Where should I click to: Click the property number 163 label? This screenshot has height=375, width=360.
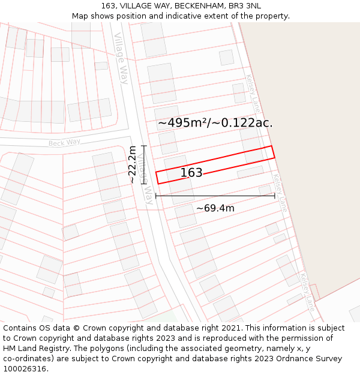pyautogui.click(x=191, y=173)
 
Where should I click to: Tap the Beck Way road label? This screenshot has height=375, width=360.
pyautogui.click(x=64, y=143)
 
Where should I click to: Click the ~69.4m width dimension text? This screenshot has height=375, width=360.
pyautogui.click(x=215, y=208)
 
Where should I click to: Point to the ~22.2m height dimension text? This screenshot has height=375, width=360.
pyautogui.click(x=132, y=164)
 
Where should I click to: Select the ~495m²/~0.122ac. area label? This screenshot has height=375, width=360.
pyautogui.click(x=215, y=123)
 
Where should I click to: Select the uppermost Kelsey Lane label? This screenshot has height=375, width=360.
pyautogui.click(x=253, y=94)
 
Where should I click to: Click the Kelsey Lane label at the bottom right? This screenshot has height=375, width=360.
pyautogui.click(x=307, y=292)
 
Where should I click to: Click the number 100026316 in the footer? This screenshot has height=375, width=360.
pyautogui.click(x=25, y=369)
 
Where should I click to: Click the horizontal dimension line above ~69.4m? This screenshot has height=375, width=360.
pyautogui.click(x=215, y=196)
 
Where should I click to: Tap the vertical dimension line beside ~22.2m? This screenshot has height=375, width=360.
pyautogui.click(x=144, y=164)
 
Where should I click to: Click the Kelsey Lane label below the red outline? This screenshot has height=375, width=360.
pyautogui.click(x=280, y=192)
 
